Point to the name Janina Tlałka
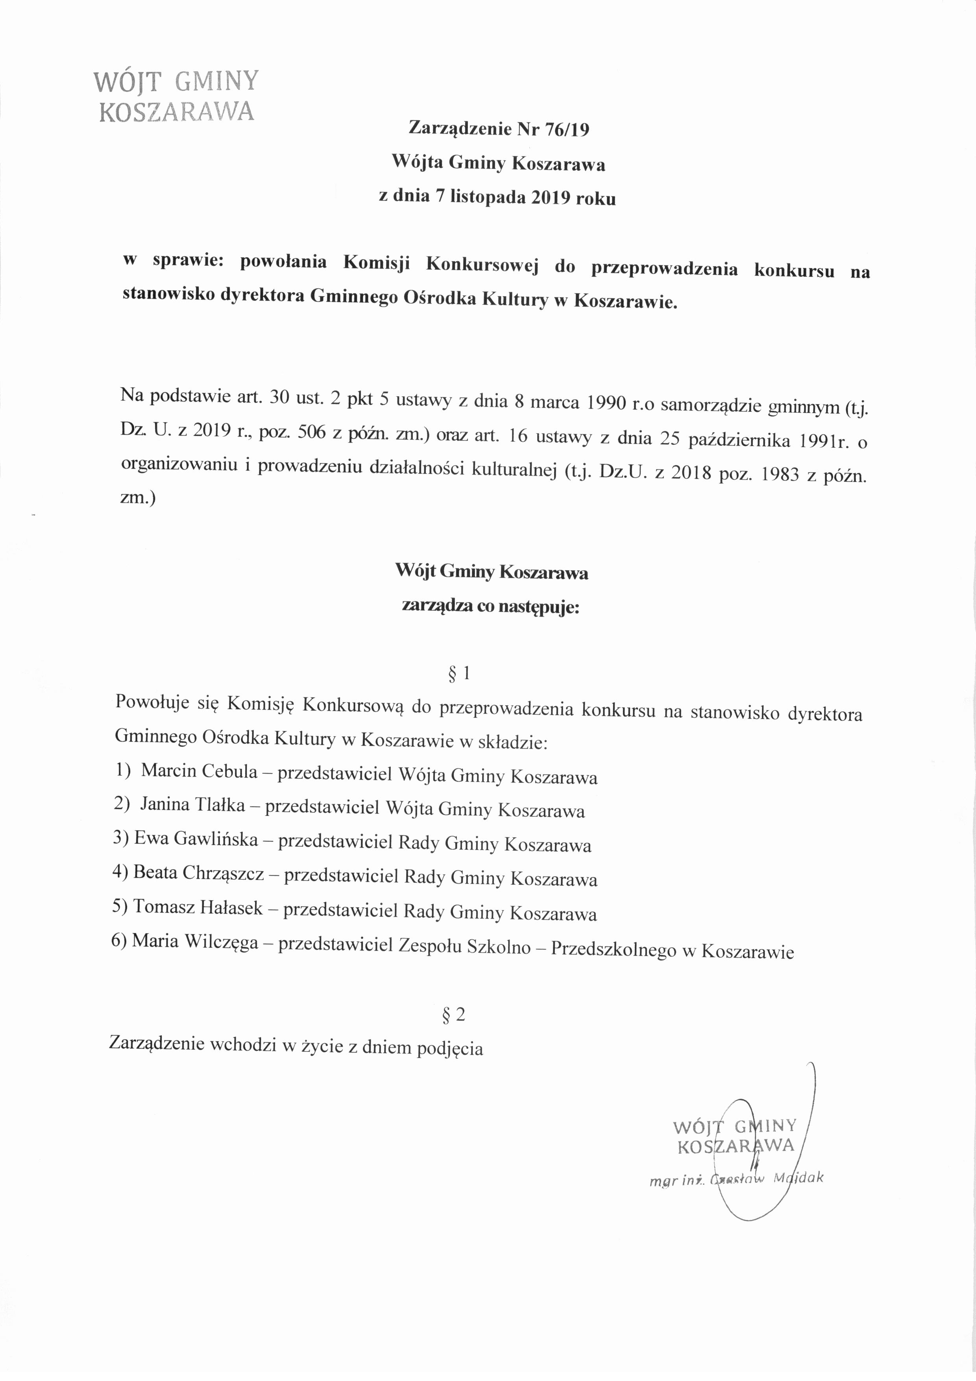pyautogui.click(x=192, y=805)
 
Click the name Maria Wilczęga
pyautogui.click(x=195, y=941)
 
